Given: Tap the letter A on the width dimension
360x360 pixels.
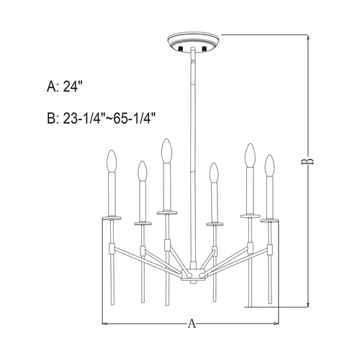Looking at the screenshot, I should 192,324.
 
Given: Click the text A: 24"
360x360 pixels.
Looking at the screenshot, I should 65,87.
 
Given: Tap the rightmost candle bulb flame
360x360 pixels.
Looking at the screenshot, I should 270,165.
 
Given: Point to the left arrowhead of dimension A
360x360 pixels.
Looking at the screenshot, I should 105,324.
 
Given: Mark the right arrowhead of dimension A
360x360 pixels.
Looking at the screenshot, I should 277,324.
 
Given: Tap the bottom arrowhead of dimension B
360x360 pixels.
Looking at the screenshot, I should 308,304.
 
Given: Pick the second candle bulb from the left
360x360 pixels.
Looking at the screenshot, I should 141,171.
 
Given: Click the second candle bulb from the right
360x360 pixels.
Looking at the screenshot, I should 250,156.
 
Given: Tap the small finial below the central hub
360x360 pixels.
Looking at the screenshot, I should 192,284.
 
